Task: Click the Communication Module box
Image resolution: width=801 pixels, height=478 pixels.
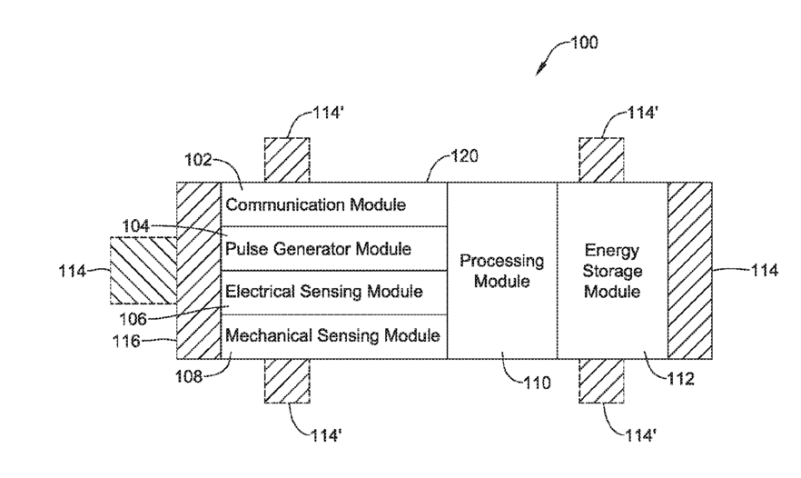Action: click(x=334, y=204)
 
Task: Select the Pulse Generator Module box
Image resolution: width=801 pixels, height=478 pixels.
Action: click(x=334, y=248)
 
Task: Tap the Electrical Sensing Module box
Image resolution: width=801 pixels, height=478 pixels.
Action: click(x=334, y=293)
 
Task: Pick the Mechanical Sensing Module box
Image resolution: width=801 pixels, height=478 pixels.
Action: click(x=334, y=336)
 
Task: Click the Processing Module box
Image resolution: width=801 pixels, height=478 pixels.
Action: click(x=502, y=271)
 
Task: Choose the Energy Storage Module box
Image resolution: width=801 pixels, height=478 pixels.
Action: click(x=612, y=271)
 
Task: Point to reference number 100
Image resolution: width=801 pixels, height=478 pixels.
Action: click(x=584, y=42)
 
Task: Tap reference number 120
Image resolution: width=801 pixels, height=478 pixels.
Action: click(x=464, y=156)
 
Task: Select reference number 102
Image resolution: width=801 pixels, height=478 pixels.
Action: click(x=198, y=160)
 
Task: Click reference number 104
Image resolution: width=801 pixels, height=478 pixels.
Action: click(x=135, y=225)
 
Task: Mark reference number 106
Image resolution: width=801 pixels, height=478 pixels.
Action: click(x=133, y=319)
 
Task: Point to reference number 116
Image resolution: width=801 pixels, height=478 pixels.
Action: click(x=126, y=341)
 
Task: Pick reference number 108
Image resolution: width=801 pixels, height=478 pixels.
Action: click(x=189, y=377)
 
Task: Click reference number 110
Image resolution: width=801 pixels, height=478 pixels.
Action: click(x=537, y=383)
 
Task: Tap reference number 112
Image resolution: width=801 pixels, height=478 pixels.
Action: click(x=681, y=379)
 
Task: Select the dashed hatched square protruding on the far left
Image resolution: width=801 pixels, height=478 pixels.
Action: click(x=143, y=271)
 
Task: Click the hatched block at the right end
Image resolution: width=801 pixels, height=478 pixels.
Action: click(x=689, y=271)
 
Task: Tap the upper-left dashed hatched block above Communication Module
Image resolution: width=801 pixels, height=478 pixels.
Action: click(x=287, y=160)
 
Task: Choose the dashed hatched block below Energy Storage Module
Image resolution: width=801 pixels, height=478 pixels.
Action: click(x=601, y=381)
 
